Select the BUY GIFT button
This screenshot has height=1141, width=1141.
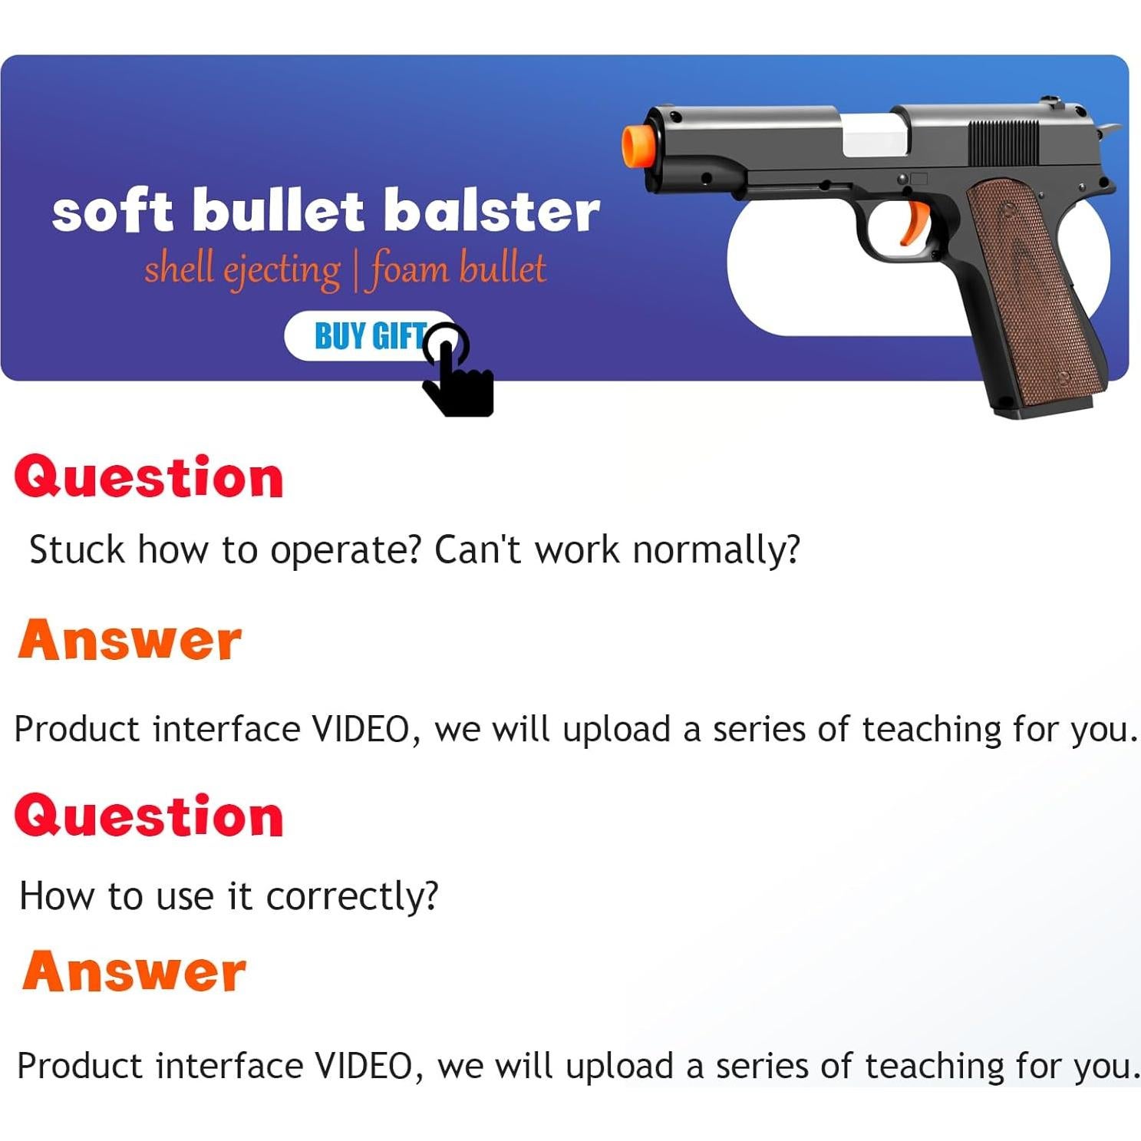(371, 335)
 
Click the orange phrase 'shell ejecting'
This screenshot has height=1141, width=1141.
(242, 269)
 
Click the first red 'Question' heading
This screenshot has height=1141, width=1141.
(149, 477)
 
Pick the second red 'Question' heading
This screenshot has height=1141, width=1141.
(149, 815)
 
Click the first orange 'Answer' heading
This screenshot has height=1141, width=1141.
(130, 640)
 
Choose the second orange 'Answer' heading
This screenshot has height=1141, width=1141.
(134, 971)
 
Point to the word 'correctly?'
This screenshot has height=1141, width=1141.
(352, 896)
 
